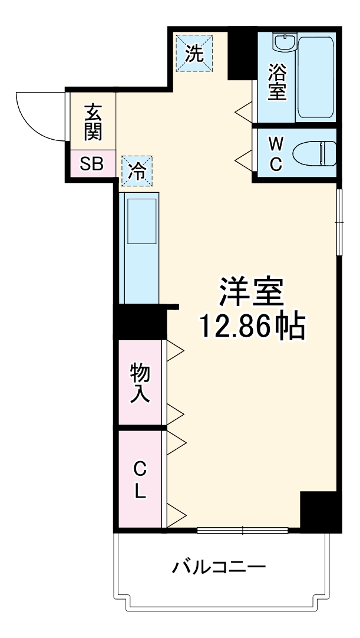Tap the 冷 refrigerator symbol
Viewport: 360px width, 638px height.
point(137,172)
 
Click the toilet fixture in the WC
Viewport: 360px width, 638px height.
point(315,153)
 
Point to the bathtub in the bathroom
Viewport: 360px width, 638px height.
point(316,77)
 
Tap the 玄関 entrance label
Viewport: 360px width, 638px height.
point(93,122)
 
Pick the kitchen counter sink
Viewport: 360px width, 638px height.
point(141,221)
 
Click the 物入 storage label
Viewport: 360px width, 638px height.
point(140,383)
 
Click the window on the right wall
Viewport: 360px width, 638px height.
point(339,222)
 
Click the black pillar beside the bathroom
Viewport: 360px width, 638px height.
point(240,54)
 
